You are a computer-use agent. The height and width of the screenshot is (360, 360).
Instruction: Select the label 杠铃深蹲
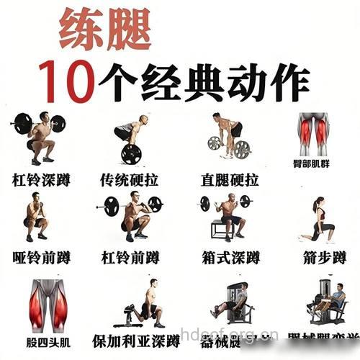[x=41, y=179]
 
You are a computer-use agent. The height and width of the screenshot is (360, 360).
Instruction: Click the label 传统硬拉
[x=130, y=179]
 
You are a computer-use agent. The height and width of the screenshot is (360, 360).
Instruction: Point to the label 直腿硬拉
[x=230, y=179]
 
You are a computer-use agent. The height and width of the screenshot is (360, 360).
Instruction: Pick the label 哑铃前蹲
[x=41, y=257]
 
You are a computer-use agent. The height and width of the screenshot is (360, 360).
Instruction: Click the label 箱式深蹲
[x=230, y=257]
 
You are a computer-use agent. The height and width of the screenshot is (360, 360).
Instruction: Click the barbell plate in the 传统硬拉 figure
[x=131, y=153]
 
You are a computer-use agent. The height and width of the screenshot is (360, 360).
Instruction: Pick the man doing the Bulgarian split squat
[x=148, y=303]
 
